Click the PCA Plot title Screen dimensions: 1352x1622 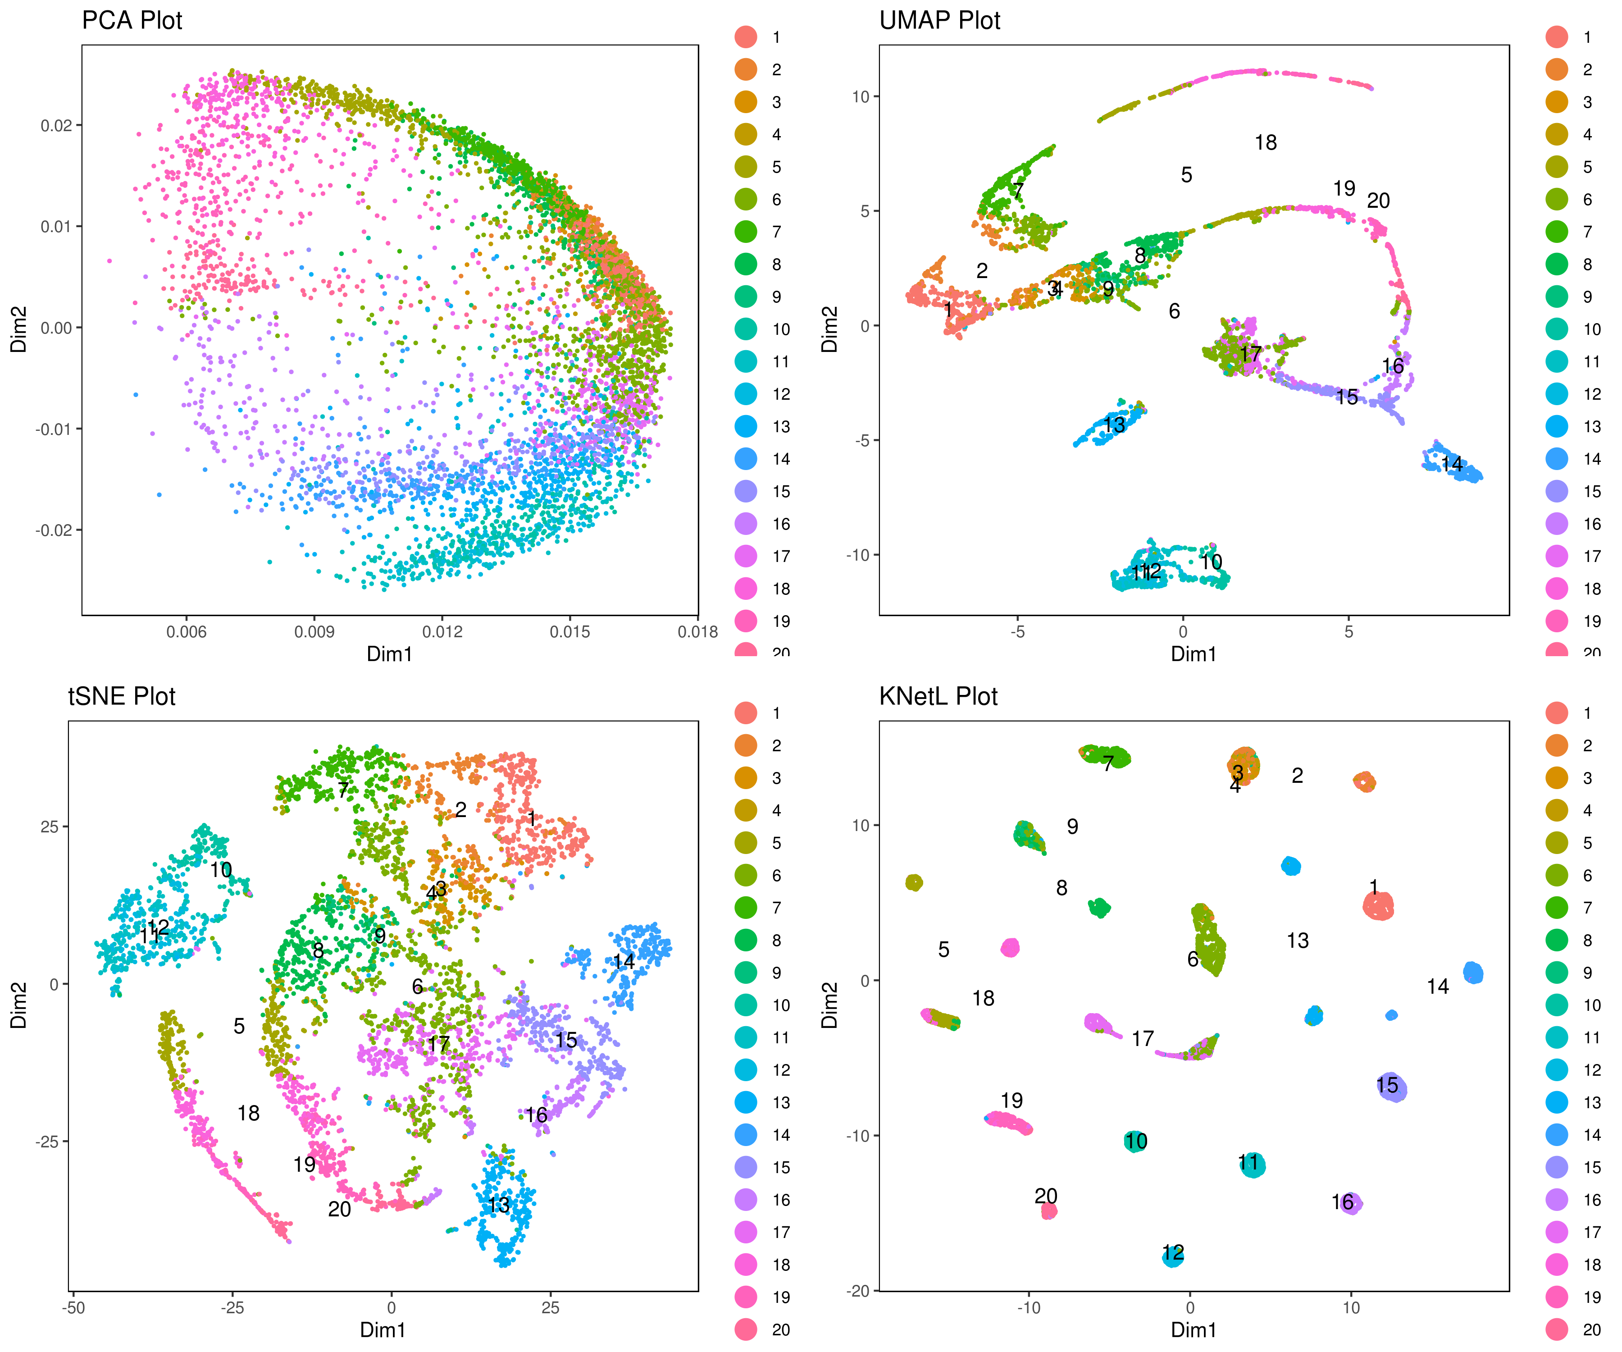click(132, 21)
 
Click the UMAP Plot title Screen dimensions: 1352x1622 click(939, 21)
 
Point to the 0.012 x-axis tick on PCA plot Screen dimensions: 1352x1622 click(442, 632)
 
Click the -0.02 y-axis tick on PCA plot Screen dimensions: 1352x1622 click(54, 530)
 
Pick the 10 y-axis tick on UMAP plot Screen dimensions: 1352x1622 click(861, 96)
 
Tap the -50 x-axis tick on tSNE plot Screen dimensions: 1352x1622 click(73, 1308)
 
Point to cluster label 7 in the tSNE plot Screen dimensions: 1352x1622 click(343, 790)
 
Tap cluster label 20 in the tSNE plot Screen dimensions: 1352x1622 click(339, 1209)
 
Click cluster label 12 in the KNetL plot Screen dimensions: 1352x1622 click(1172, 1252)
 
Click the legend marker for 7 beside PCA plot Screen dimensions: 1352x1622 click(745, 232)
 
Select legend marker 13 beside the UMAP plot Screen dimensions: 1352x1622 click(1556, 426)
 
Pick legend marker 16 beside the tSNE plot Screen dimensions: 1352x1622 click(745, 1200)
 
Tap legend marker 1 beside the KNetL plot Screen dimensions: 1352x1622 click(1556, 713)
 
